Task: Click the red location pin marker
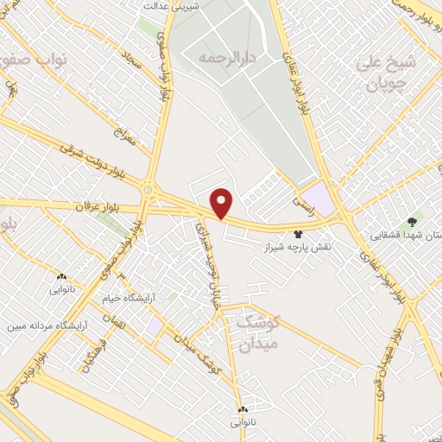[223, 203]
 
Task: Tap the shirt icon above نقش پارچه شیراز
[299, 233]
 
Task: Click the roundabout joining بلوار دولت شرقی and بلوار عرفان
[148, 189]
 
